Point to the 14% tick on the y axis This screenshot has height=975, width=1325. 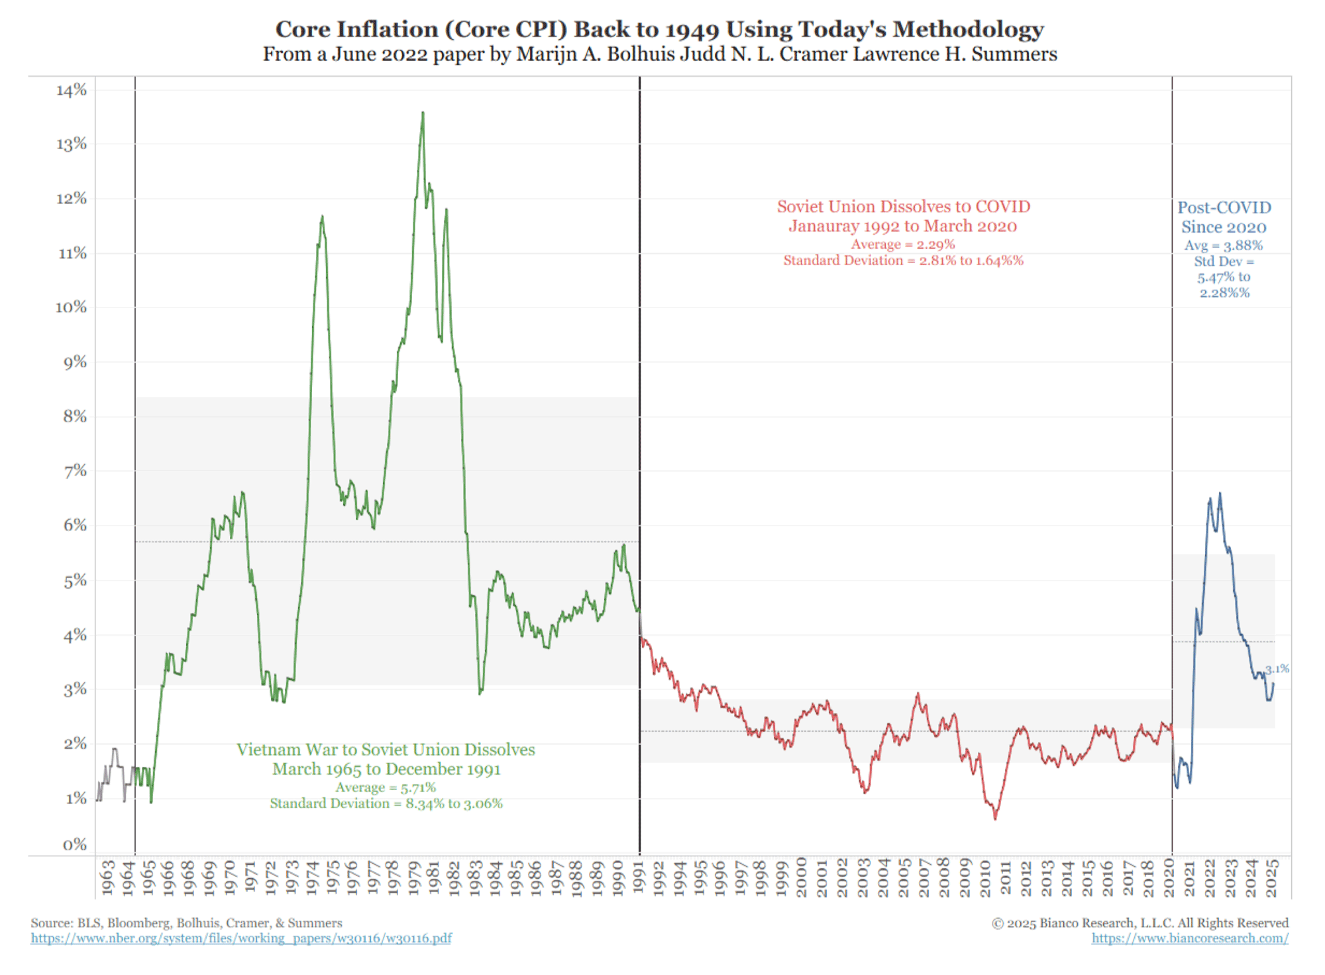(x=72, y=90)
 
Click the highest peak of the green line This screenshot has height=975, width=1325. (x=423, y=113)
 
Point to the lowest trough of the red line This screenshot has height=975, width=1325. (x=995, y=819)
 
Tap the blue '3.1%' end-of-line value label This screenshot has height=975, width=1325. (x=1277, y=669)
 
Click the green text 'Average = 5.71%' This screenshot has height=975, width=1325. (x=386, y=787)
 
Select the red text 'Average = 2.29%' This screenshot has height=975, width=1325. (x=903, y=245)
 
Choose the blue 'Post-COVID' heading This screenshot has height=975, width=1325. (x=1224, y=207)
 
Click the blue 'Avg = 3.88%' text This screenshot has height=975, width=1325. (x=1224, y=245)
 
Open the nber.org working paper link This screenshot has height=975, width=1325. (x=241, y=939)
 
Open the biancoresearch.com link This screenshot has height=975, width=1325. (x=1190, y=939)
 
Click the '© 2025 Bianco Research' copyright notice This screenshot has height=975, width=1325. (x=1139, y=923)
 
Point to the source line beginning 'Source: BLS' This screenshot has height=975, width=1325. (x=186, y=923)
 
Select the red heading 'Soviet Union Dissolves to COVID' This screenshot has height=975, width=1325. (x=903, y=207)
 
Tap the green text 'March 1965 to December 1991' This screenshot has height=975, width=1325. (x=386, y=769)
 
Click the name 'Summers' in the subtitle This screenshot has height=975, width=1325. (x=1014, y=54)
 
